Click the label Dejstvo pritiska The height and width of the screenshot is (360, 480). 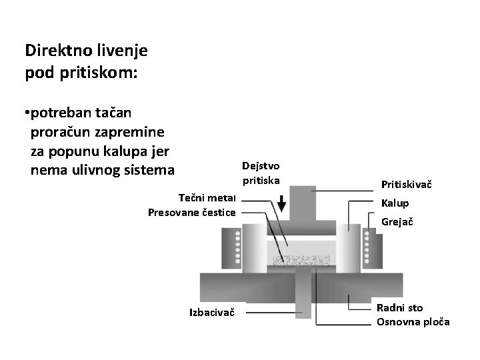[x=261, y=173]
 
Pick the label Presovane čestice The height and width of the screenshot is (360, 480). [x=191, y=212]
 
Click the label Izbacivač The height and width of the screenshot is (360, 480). [x=212, y=311]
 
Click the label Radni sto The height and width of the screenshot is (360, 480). [x=399, y=307]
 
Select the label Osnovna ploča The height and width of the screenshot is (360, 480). [x=413, y=322]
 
